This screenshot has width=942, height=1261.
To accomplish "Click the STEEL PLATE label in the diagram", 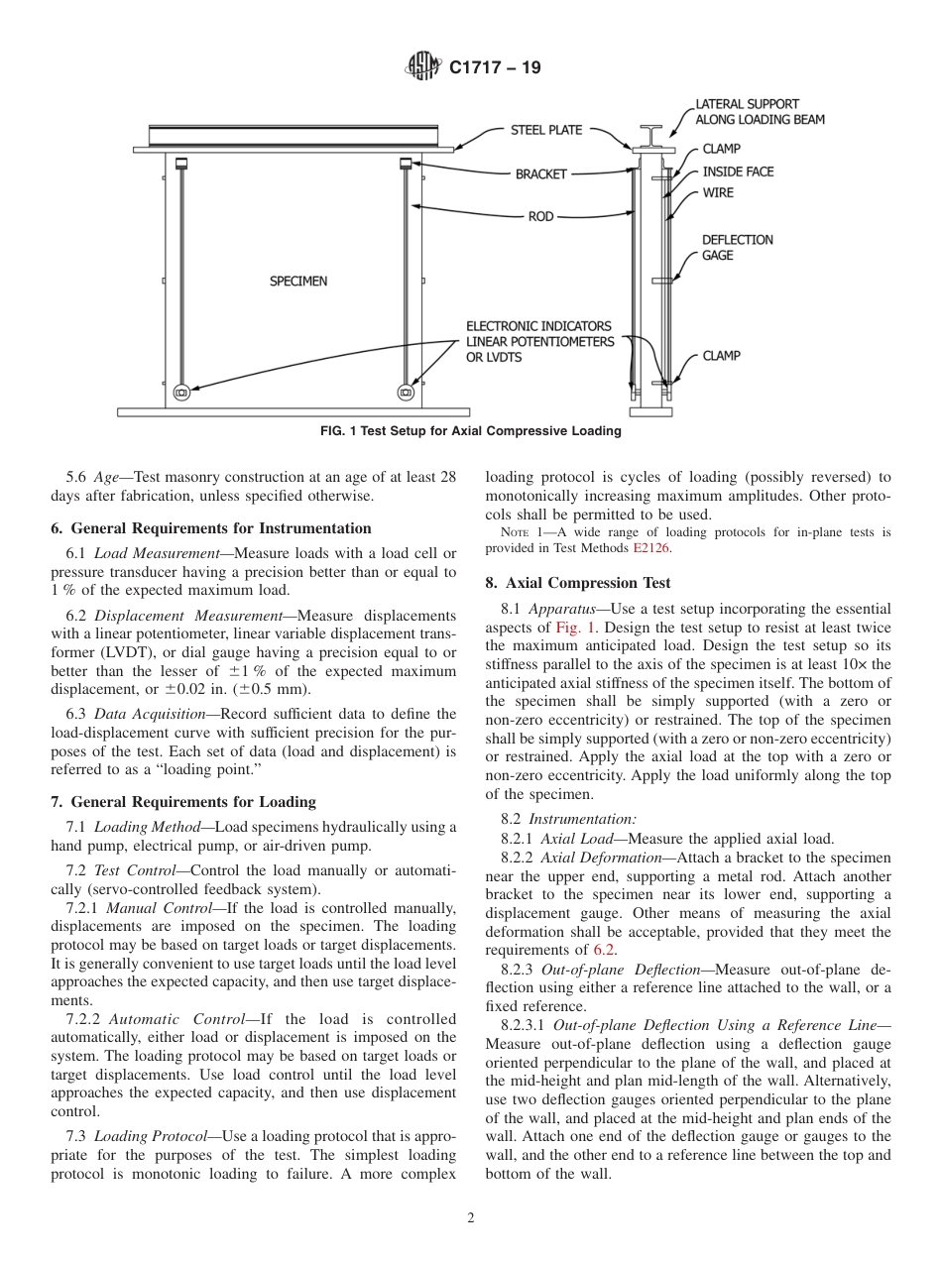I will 546,130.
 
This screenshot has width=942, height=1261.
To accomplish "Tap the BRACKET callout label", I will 540,174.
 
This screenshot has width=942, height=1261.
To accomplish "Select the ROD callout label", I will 540,216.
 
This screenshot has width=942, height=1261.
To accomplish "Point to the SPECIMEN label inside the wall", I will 298,282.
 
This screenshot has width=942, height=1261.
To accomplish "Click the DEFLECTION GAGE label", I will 737,248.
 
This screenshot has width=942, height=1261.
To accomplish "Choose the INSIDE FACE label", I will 738,172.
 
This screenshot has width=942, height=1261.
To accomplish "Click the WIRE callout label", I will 718,192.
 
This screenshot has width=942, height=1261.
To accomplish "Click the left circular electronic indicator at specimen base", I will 181,393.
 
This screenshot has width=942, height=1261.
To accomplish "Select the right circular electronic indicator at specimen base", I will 406,393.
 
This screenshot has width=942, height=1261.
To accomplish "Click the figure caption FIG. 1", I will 470,431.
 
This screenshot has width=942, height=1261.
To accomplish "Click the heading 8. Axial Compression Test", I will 578,583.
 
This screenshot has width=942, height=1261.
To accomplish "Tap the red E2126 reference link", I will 650,548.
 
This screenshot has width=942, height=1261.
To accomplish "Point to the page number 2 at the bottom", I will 471,1218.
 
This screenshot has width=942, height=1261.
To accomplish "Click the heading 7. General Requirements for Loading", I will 183,802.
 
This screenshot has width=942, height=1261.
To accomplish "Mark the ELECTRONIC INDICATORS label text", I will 538,326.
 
